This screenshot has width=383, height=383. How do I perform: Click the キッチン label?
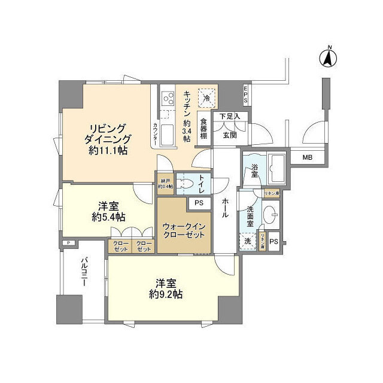tap(187, 105)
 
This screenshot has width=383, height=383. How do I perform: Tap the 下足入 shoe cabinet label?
tap(229, 116)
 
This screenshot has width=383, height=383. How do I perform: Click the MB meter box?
tap(306, 157)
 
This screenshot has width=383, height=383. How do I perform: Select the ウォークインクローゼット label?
tap(184, 231)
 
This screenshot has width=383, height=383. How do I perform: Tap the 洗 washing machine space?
tap(248, 241)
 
